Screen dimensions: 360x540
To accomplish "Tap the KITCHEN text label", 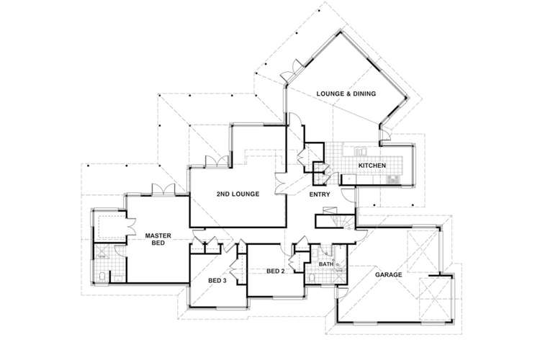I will coord(373,166).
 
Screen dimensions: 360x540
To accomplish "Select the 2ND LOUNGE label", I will coord(238,194).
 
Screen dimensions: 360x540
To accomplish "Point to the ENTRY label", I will coord(320,194).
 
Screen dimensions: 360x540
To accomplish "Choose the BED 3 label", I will coord(217,280).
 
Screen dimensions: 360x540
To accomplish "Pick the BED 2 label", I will coord(276,271).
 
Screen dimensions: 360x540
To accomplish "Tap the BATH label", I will coord(325,265).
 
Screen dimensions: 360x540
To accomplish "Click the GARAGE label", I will coord(387,274).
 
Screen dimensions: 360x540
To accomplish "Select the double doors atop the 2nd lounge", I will coord(217,161).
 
